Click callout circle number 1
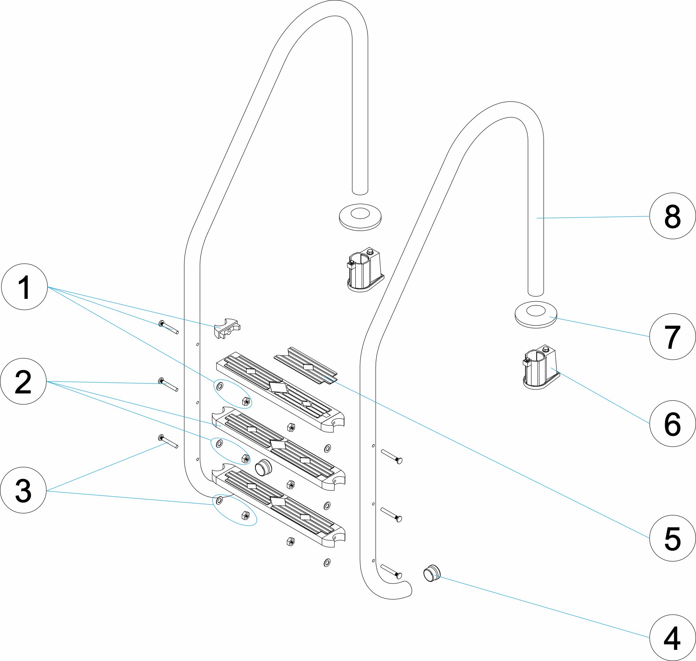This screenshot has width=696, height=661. [x=24, y=286]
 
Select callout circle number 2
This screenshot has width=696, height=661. [x=23, y=381]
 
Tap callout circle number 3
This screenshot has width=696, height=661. [x=23, y=490]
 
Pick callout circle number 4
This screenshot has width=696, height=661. [x=672, y=637]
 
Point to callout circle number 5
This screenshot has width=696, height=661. [x=672, y=538]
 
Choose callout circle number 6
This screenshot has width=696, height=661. [x=672, y=423]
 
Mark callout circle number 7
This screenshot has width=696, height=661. [x=672, y=336]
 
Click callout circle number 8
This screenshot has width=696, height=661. [x=672, y=216]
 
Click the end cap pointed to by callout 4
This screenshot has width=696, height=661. [x=431, y=573]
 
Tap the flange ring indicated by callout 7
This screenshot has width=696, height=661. [x=536, y=314]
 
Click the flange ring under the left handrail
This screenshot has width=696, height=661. [x=360, y=217]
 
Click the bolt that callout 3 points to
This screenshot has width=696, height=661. [x=168, y=441]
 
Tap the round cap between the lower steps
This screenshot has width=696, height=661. [x=263, y=468]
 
